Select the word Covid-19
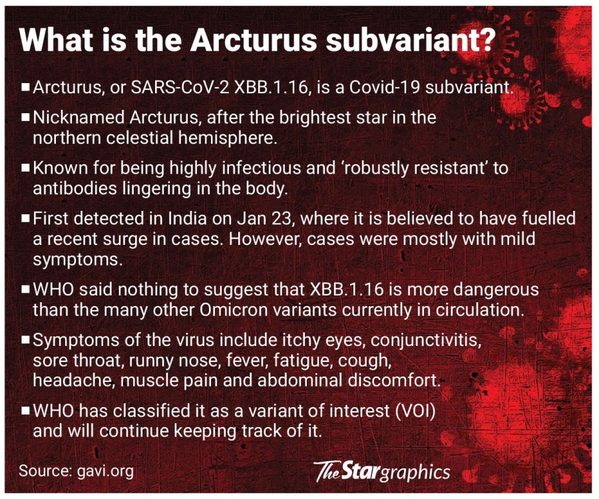pyautogui.click(x=385, y=88)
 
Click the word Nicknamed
pyautogui.click(x=79, y=118)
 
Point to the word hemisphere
pyautogui.click(x=228, y=138)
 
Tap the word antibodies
pyautogui.click(x=75, y=188)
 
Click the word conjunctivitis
pyautogui.click(x=426, y=340)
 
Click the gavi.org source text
pyautogui.click(x=105, y=471)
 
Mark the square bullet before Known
pyautogui.click(x=26, y=168)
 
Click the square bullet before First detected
pyautogui.click(x=26, y=218)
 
